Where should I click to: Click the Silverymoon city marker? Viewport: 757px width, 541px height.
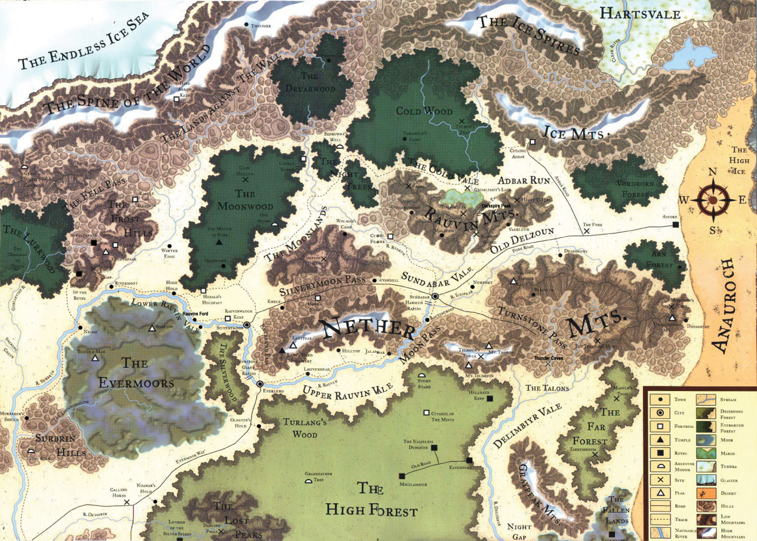pyautogui.click(x=247, y=325)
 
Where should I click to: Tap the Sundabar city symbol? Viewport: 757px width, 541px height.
pyautogui.click(x=435, y=296)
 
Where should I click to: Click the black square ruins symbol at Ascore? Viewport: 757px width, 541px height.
pyautogui.click(x=674, y=224)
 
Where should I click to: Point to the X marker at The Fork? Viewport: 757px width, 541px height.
pyautogui.click(x=587, y=231)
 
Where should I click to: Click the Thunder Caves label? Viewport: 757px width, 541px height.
pyautogui.click(x=548, y=358)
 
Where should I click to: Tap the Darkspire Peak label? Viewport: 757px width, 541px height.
pyautogui.click(x=496, y=206)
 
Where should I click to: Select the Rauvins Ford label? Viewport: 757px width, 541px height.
pyautogui.click(x=195, y=314)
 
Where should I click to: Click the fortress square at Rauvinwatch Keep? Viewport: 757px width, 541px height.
pyautogui.click(x=228, y=319)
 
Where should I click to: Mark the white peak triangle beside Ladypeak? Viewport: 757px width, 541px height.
pyautogui.click(x=293, y=345)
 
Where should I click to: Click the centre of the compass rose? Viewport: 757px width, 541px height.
pyautogui.click(x=713, y=200)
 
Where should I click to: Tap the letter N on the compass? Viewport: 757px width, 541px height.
pyautogui.click(x=713, y=171)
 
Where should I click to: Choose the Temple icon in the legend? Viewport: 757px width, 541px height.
pyautogui.click(x=660, y=440)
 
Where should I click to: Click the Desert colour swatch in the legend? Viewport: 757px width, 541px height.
pyautogui.click(x=706, y=493)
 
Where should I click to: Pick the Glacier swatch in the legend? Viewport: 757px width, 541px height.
pyautogui.click(x=706, y=480)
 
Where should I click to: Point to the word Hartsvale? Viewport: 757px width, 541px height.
pyautogui.click(x=640, y=14)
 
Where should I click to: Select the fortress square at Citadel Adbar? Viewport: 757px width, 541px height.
pyautogui.click(x=532, y=142)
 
